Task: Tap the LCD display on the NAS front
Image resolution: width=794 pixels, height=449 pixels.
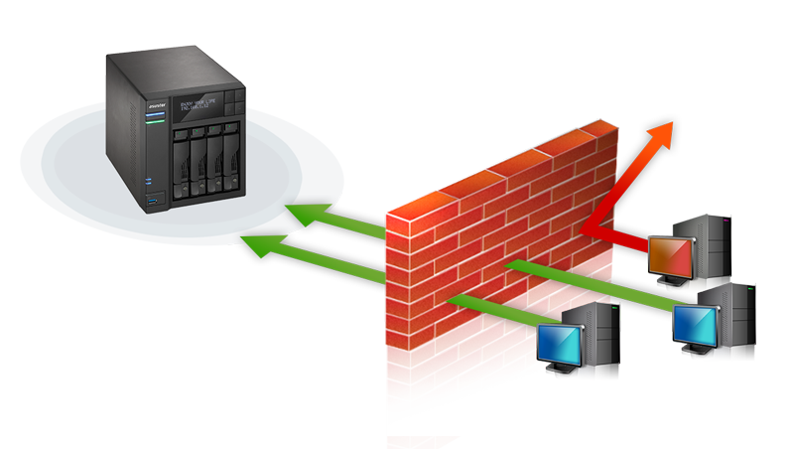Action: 198,103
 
